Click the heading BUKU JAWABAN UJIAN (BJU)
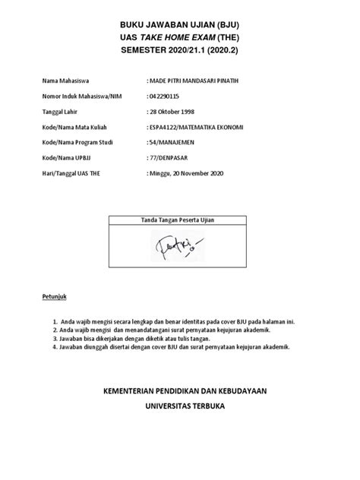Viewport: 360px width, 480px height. [180, 24]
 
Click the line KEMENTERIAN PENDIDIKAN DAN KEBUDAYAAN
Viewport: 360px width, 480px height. [180, 390]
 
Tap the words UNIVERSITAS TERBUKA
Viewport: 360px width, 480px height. [180, 406]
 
